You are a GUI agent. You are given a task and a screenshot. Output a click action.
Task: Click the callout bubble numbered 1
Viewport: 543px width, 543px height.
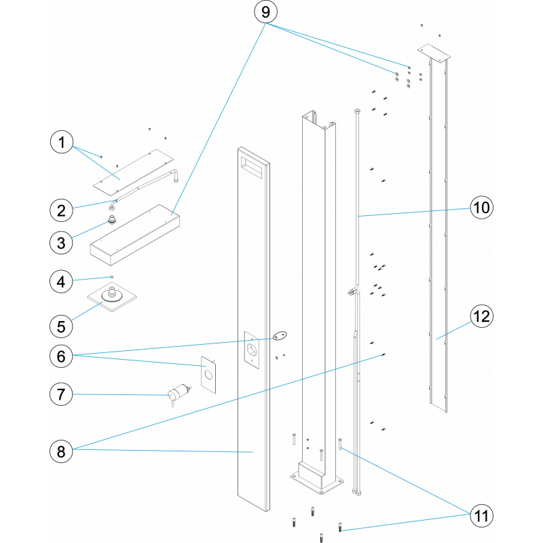(x=62, y=143)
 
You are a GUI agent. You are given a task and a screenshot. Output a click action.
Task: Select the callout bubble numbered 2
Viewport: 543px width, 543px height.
(x=62, y=210)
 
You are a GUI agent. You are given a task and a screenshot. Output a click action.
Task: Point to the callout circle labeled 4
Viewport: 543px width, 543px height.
(x=62, y=280)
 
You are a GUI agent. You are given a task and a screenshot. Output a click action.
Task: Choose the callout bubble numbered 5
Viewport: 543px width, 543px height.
(x=62, y=326)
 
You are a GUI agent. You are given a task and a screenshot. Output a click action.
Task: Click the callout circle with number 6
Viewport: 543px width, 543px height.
(x=62, y=354)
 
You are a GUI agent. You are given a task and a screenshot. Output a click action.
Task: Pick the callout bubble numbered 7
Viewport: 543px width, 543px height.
(x=62, y=393)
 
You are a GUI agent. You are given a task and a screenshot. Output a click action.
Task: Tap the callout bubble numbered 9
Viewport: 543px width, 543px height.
(x=265, y=13)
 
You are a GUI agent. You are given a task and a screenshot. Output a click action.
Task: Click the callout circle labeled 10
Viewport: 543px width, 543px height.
(x=481, y=208)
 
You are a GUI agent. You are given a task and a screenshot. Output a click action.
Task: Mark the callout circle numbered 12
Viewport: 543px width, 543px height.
(x=481, y=316)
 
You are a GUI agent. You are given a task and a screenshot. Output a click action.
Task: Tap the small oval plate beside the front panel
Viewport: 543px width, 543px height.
(x=279, y=335)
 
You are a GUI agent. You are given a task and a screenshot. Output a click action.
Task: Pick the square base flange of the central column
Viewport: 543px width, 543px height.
(x=316, y=483)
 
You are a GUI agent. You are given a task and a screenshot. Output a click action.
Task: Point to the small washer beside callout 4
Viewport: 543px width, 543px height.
(x=112, y=277)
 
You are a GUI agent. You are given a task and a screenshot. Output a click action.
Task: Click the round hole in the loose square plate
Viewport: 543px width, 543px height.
(x=209, y=375)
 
